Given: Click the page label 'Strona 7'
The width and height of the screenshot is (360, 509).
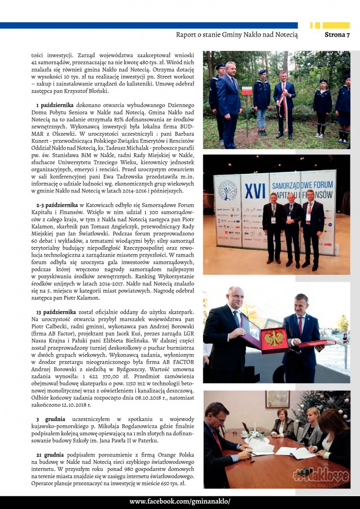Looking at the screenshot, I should [x=337, y=35].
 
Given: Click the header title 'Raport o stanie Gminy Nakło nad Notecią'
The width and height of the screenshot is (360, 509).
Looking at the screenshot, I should [x=236, y=35].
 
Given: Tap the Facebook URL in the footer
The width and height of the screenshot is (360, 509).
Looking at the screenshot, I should [x=180, y=502].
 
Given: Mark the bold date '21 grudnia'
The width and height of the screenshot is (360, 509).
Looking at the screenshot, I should [x=53, y=455].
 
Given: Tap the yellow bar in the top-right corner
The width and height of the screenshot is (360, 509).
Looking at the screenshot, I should [x=336, y=25].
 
